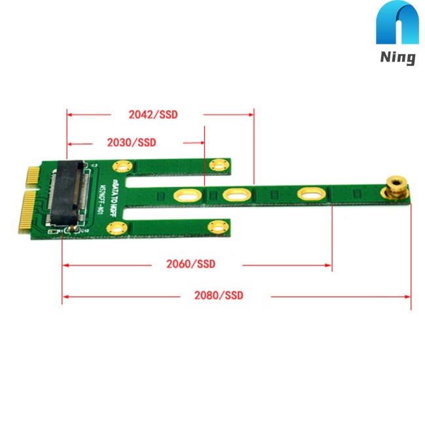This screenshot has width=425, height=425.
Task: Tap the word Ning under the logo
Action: (x=398, y=58)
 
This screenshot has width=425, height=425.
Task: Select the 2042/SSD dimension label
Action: (x=153, y=114)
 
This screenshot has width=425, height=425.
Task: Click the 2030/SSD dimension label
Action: (x=131, y=142)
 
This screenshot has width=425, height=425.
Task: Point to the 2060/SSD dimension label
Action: (x=190, y=264)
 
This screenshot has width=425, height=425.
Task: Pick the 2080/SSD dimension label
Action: (x=218, y=296)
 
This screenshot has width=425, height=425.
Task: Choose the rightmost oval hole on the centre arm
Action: (x=309, y=194)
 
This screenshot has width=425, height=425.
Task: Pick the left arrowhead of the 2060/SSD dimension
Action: (x=66, y=265)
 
